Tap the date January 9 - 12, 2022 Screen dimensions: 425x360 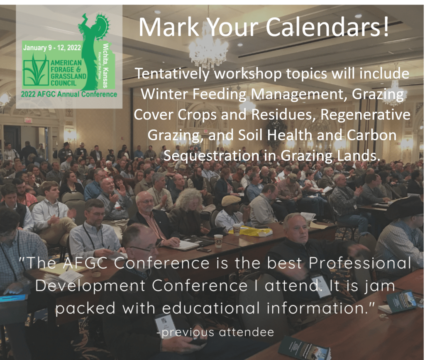point(52,48)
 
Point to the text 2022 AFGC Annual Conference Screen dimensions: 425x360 point(69,94)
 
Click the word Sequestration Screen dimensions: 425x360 point(212,156)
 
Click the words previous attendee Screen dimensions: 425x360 point(216,332)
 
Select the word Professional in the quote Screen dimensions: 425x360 point(360,263)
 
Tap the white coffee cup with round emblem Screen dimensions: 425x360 point(218,241)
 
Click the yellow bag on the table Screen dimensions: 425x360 point(252,231)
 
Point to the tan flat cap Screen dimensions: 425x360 point(231,200)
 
